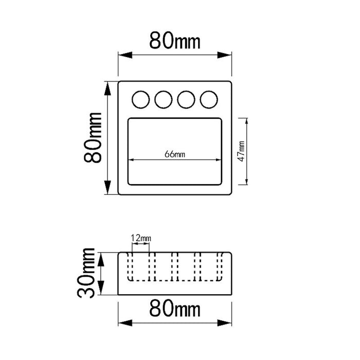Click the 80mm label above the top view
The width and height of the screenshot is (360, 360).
pyautogui.click(x=175, y=41)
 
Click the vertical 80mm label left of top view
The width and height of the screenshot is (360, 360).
pyautogui.click(x=93, y=138)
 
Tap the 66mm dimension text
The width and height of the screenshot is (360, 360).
pyautogui.click(x=175, y=154)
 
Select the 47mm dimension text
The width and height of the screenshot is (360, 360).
pyautogui.click(x=242, y=151)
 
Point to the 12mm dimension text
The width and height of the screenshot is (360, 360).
pyautogui.click(x=141, y=238)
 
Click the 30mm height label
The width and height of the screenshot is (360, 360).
pyautogui.click(x=86, y=273)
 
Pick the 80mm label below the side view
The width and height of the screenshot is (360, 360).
pyautogui.click(x=175, y=309)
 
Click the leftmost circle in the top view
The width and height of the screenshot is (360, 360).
pyautogui.click(x=141, y=100)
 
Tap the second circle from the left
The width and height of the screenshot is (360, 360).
pyautogui.click(x=164, y=100)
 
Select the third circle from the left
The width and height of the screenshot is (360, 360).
pyautogui.click(x=186, y=100)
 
